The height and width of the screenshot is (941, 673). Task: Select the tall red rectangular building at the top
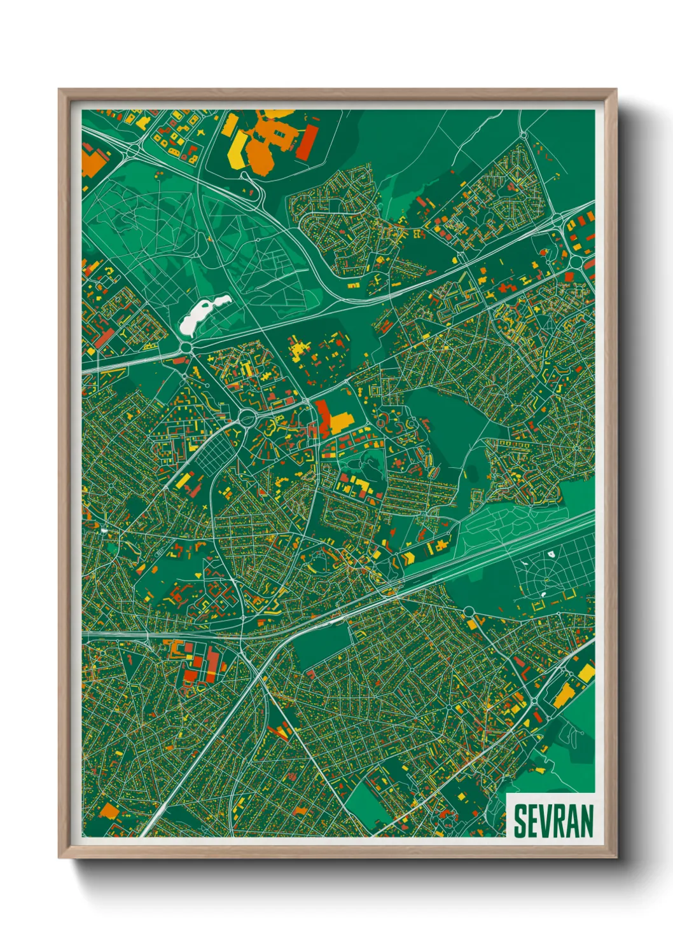pos(308,143)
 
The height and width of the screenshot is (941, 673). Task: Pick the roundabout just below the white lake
pos(186,347)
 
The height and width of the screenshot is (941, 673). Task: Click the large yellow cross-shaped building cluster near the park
pos(297,350)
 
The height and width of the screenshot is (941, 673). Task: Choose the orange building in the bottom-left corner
pos(109,811)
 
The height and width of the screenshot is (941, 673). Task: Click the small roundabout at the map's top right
pos(524,134)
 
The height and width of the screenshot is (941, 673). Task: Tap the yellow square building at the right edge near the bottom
pos(586,673)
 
